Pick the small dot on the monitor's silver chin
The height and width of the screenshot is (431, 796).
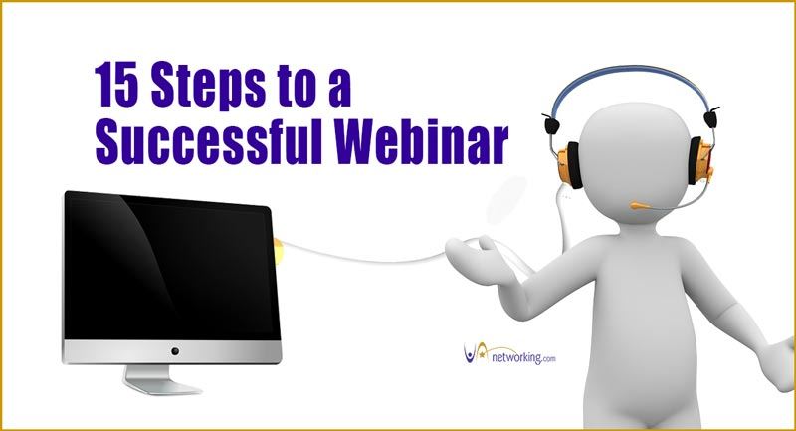(175, 351)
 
